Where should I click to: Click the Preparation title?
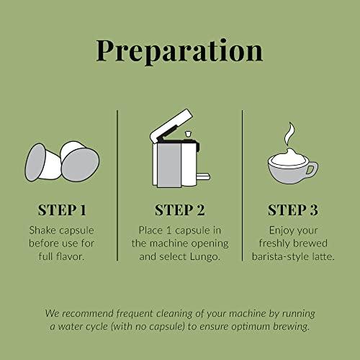click(x=179, y=51)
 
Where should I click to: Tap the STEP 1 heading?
click(x=62, y=210)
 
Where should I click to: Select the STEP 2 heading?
click(x=180, y=210)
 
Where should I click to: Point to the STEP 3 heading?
click(x=293, y=210)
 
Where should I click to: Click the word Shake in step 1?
click(x=42, y=230)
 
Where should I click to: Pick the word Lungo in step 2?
click(x=205, y=257)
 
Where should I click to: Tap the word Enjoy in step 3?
click(x=282, y=231)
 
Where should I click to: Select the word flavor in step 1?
click(x=71, y=256)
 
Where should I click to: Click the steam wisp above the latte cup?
click(x=289, y=134)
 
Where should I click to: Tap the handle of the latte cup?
click(x=312, y=168)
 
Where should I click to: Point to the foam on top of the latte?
click(x=288, y=157)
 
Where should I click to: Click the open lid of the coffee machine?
click(x=171, y=125)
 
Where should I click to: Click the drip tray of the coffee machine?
click(x=203, y=177)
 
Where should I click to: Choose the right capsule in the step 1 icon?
click(x=80, y=161)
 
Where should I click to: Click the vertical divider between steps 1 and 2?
click(x=117, y=185)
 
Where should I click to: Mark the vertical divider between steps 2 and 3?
click(x=243, y=185)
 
